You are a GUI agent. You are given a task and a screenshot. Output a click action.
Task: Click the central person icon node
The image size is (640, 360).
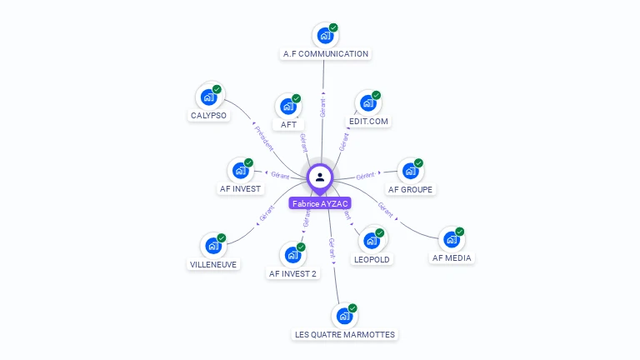tap(320, 177)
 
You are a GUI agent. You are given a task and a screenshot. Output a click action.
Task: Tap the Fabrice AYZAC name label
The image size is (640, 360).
tap(320, 203)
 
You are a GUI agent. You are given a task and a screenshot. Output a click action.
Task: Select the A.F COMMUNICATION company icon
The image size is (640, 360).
tap(325, 35)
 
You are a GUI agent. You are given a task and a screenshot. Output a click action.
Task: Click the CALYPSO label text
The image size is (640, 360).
tap(208, 116)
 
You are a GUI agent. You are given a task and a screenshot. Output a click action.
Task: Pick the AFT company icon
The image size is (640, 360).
tap(288, 107)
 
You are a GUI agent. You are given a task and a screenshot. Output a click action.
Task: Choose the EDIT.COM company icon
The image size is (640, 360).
tap(368, 103)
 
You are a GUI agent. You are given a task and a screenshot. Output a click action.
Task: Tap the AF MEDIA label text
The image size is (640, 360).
tap(452, 257)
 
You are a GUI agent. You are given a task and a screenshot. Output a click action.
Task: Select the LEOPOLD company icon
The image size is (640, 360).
tap(372, 241)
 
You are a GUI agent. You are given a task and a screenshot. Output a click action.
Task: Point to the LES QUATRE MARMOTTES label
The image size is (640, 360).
tap(345, 334)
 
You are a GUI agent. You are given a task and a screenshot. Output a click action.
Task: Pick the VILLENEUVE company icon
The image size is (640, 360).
tap(213, 246)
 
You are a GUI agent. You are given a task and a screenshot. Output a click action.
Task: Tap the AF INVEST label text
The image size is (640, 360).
tap(240, 188)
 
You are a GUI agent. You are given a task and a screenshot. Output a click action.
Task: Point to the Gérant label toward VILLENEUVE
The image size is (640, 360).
tap(267, 213)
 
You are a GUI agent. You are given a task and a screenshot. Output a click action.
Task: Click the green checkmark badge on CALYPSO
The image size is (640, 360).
tap(217, 89)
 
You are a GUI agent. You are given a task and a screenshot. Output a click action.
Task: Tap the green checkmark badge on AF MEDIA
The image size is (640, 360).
tap(459, 232)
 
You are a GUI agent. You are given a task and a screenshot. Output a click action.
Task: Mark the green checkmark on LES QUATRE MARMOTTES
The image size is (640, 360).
tap(352, 308)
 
